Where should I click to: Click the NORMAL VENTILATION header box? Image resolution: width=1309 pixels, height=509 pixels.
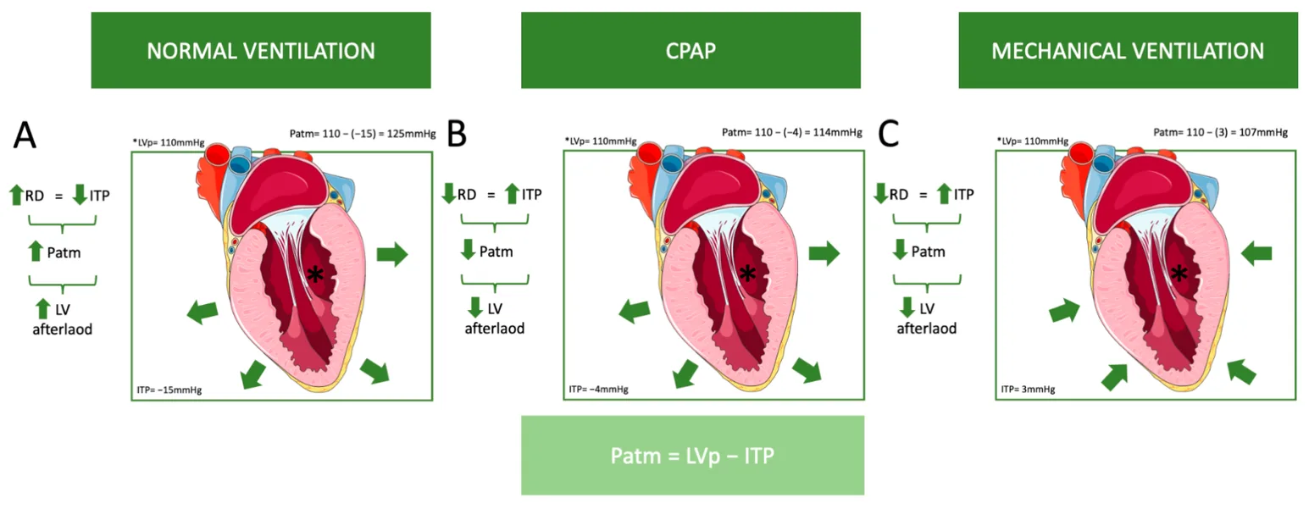pos(260,50)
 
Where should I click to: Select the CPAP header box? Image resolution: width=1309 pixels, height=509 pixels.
pos(691,50)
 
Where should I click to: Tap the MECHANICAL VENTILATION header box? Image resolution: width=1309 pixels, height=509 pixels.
pos(1128,50)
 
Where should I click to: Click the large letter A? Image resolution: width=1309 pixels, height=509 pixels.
pos(25,136)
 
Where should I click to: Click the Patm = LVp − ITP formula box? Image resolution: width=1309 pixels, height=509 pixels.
pos(692,456)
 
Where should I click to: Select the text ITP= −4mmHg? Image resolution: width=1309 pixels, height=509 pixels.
pos(597,390)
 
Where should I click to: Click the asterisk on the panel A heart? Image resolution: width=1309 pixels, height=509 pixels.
pos(315,274)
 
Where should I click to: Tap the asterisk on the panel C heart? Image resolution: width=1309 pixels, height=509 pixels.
pos(1178,273)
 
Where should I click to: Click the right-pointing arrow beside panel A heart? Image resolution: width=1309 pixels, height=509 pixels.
pos(391,252)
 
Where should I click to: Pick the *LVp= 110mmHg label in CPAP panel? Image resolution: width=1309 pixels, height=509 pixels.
pos(601,141)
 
